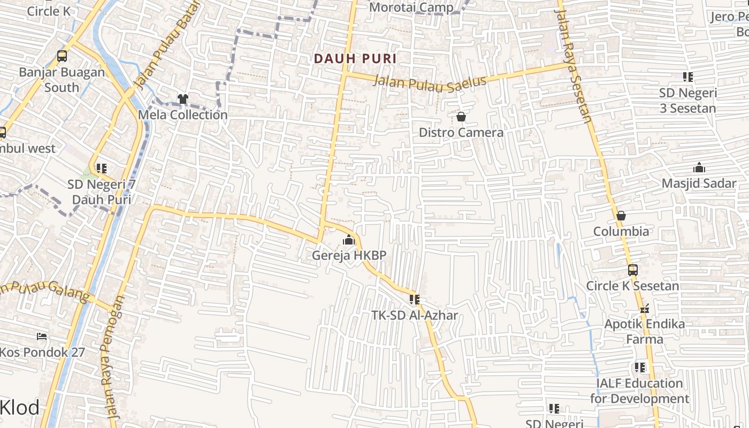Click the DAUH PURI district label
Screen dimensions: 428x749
(x=355, y=58)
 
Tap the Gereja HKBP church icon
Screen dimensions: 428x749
(x=349, y=240)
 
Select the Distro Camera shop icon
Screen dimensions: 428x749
(x=461, y=117)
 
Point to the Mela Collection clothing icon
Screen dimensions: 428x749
(x=183, y=99)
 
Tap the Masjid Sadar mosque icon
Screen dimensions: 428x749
(x=699, y=168)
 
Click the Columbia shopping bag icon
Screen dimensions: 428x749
(x=621, y=216)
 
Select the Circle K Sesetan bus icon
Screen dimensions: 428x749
(x=632, y=270)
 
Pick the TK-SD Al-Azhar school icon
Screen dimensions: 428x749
(x=415, y=300)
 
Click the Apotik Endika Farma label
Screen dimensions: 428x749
(x=644, y=331)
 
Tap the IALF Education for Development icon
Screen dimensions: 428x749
(x=639, y=368)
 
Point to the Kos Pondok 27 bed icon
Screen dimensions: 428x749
(x=42, y=337)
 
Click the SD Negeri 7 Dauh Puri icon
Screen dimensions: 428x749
(x=102, y=169)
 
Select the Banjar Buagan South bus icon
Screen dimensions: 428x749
(x=62, y=56)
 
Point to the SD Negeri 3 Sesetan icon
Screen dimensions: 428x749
(x=687, y=77)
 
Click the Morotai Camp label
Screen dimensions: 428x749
(x=411, y=7)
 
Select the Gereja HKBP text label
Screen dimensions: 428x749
(x=349, y=255)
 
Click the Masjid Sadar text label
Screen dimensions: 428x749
(x=699, y=184)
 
